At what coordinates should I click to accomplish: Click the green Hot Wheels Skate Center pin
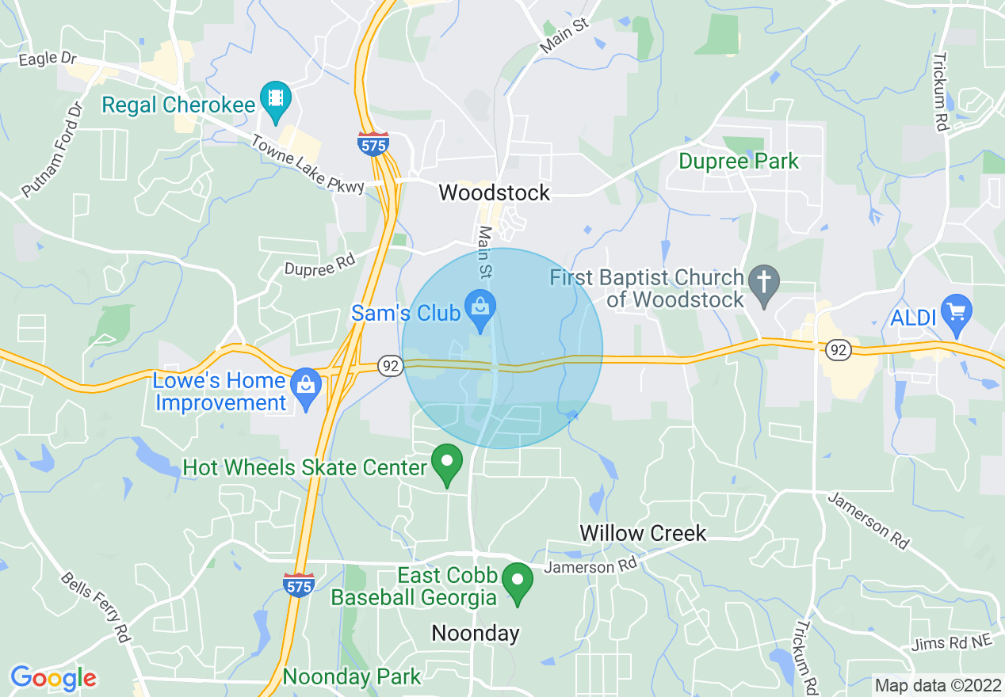point(447,463)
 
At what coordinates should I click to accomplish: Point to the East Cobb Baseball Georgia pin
point(518,582)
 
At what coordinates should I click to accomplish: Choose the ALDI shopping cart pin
point(956,312)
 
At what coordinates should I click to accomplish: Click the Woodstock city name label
point(494,192)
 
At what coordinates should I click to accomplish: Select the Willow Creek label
point(643,533)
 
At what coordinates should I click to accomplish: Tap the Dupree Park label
point(739,162)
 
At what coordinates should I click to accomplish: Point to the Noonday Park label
point(352,677)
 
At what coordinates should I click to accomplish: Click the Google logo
point(53,678)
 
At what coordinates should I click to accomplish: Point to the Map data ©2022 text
point(935,684)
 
